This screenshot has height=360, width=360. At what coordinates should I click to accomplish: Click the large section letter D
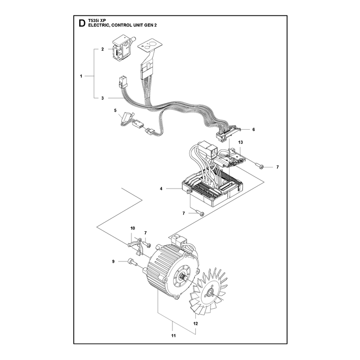click(81, 23)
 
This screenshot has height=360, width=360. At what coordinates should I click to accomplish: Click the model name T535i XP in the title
click(96, 21)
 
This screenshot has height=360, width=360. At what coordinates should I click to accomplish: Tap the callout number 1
click(81, 76)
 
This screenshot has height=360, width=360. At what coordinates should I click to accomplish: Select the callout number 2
click(103, 49)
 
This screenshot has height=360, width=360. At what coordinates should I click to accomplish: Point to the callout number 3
click(103, 98)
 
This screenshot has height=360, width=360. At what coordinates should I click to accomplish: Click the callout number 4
click(161, 189)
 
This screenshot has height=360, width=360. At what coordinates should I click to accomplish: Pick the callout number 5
click(115, 110)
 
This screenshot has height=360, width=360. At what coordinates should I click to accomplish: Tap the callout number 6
click(253, 130)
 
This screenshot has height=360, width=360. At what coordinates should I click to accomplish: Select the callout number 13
click(240, 142)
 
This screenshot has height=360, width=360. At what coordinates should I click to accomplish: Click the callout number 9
click(113, 261)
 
